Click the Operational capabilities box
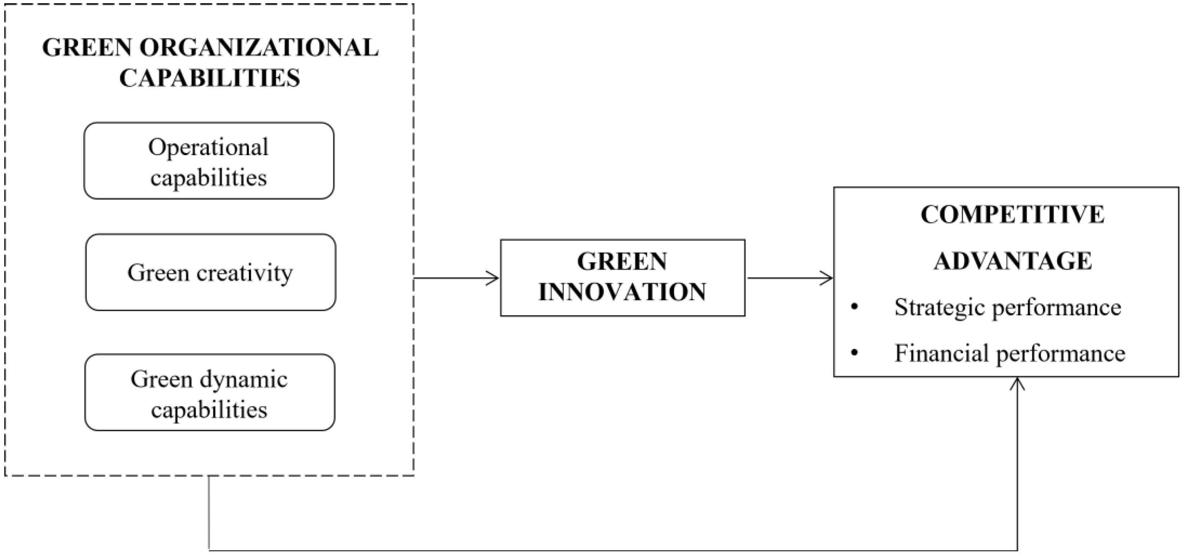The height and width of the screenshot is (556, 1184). click(x=209, y=161)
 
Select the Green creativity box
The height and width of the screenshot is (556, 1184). click(x=210, y=272)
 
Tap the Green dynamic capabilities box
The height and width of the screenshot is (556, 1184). click(x=210, y=392)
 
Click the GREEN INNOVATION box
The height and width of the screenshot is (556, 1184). click(x=622, y=277)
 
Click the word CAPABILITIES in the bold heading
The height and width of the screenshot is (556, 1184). click(x=210, y=78)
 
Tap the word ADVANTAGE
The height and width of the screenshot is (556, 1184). click(x=1012, y=261)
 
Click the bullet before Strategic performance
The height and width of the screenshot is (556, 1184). click(x=855, y=308)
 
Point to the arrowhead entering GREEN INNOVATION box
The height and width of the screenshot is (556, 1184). click(x=494, y=278)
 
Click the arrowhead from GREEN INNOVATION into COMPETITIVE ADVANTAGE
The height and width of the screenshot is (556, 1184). click(x=828, y=278)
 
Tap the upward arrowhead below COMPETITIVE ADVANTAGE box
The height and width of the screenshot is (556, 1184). click(x=1019, y=383)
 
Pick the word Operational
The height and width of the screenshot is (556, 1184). click(x=208, y=147)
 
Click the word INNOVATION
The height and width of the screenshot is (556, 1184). click(x=622, y=292)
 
